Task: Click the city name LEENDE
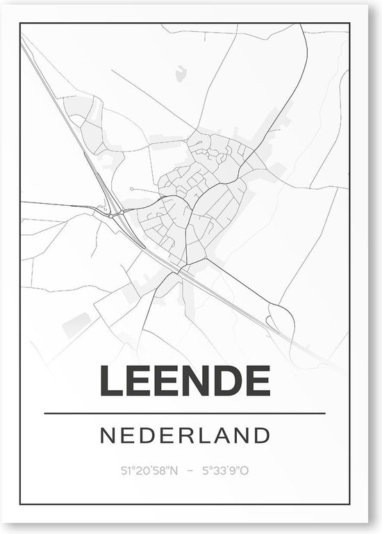coord(185,381)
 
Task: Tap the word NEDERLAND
coord(185,436)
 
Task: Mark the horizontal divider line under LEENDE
coord(185,414)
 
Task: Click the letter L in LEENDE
coord(112,381)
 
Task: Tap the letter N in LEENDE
coord(197,381)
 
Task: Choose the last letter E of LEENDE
coord(257,381)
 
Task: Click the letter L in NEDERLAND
coord(199,436)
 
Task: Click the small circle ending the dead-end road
coord(132,188)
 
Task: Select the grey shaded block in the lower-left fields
coord(81,321)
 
